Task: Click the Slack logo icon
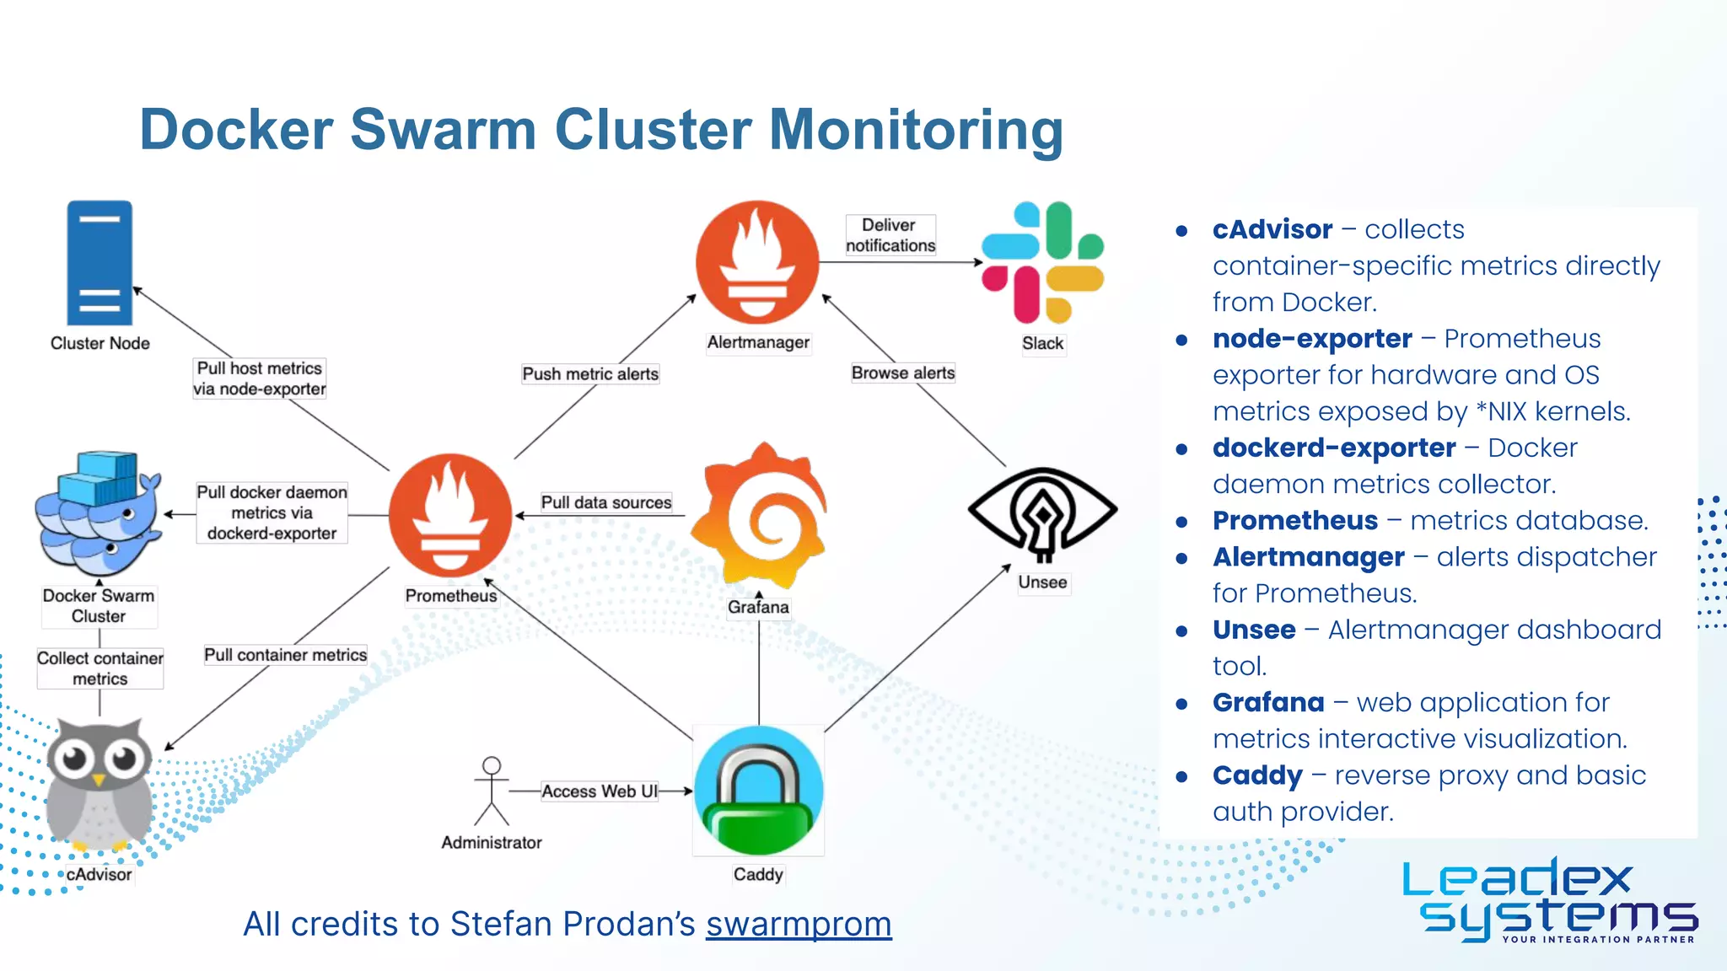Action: [x=1043, y=262]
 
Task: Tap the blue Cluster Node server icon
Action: [x=100, y=262]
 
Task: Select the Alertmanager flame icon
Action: [x=757, y=262]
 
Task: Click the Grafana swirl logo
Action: [x=759, y=515]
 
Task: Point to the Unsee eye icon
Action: [x=1042, y=512]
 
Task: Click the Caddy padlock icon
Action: [x=758, y=791]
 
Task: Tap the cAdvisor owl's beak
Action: [x=99, y=781]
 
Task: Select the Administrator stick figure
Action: [x=492, y=791]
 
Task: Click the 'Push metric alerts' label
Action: [x=590, y=373]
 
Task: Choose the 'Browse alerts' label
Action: [x=903, y=373]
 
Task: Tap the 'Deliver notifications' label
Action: [x=890, y=235]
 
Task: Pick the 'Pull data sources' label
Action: [x=606, y=502]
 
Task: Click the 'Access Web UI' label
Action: [x=600, y=791]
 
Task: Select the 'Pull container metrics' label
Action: [x=285, y=655]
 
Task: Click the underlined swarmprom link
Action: [x=799, y=924]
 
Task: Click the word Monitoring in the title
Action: [x=916, y=130]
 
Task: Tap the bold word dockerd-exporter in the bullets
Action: [x=1334, y=448]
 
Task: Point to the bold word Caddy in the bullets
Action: [x=1257, y=775]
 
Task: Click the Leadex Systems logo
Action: [x=1550, y=899]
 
